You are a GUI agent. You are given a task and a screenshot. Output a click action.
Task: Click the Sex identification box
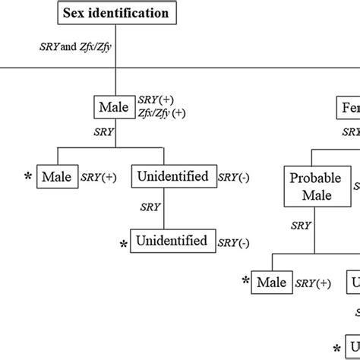click(x=118, y=13)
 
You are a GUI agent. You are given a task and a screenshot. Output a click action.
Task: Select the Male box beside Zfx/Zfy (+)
click(x=114, y=107)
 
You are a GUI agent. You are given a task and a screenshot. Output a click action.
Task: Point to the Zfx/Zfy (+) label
click(x=161, y=113)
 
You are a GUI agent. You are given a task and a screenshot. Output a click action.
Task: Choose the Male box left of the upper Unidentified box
click(x=57, y=177)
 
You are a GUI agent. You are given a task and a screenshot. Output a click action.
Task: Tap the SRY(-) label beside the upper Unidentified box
click(x=233, y=178)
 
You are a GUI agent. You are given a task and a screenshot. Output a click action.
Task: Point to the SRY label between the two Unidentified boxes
click(x=151, y=206)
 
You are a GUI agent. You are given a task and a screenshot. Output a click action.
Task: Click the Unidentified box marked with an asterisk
click(x=172, y=242)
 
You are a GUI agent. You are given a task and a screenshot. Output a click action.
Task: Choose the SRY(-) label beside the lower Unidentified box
click(x=233, y=242)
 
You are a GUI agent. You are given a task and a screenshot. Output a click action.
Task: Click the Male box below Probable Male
click(x=272, y=283)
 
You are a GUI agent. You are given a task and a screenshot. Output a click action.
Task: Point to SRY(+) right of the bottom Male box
click(x=313, y=283)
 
